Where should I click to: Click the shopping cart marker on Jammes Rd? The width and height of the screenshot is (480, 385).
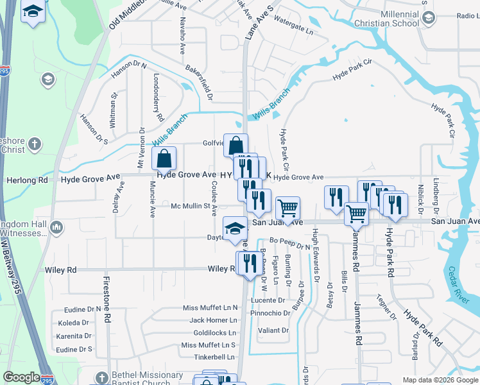[x=356, y=214]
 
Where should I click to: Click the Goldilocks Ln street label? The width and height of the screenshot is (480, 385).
[x=214, y=333]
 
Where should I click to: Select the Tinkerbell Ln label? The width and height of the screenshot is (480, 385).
[x=209, y=357]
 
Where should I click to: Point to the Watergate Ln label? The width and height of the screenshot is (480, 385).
[x=294, y=30]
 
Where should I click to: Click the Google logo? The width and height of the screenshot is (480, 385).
[x=22, y=377]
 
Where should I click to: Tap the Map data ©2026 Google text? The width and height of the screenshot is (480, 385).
[x=440, y=380]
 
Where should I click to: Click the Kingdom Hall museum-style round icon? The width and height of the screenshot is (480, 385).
[x=56, y=227]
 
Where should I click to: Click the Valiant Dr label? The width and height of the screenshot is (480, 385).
[x=273, y=330]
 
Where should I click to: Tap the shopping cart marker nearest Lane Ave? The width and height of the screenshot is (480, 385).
[x=288, y=208]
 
